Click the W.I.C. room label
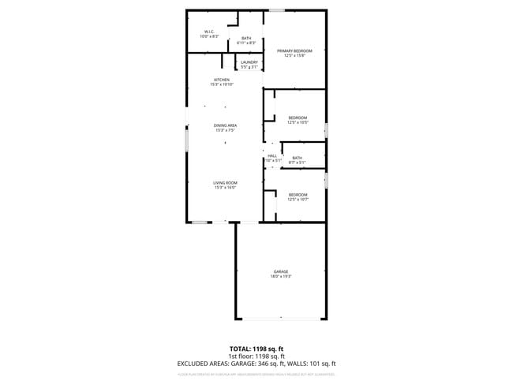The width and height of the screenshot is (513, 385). (209, 32)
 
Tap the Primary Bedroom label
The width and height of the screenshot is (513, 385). (294, 51)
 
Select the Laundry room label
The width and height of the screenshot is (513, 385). (249, 62)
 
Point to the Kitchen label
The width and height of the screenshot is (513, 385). (222, 80)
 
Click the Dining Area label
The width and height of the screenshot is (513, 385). (225, 125)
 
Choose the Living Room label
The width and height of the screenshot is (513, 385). (225, 183)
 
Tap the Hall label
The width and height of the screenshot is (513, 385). (272, 155)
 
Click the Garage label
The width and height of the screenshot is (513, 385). (281, 272)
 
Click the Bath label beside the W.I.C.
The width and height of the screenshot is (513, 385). (246, 38)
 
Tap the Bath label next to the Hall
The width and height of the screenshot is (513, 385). (297, 158)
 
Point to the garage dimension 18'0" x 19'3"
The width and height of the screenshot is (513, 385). (281, 277)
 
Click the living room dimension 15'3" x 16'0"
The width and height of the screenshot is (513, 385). (225, 188)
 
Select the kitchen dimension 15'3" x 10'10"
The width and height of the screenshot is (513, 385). (222, 84)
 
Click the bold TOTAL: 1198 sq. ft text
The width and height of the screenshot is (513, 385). (256, 348)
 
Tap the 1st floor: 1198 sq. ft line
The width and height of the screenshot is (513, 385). (256, 356)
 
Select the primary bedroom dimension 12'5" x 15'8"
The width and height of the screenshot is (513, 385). (294, 56)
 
